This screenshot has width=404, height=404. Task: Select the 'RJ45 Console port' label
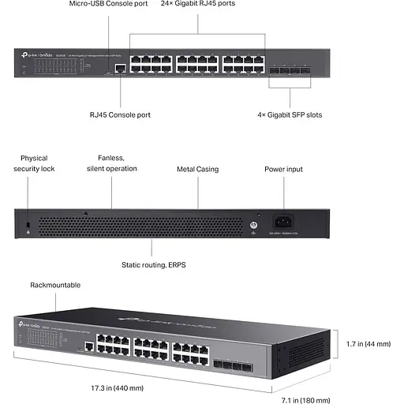[x=120, y=114]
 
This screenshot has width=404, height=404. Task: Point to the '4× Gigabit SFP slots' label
[x=290, y=114]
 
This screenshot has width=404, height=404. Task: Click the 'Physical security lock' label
[x=35, y=163]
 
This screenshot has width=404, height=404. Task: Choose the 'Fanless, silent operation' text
[x=111, y=163]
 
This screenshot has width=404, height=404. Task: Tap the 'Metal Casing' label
[x=197, y=169]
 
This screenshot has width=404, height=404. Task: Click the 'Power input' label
[x=283, y=169]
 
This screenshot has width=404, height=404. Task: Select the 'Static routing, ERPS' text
[x=154, y=265]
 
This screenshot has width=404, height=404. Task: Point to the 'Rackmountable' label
[x=55, y=285]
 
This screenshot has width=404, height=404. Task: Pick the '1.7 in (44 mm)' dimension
[x=368, y=344]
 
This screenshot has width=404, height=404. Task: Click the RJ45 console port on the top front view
[x=119, y=69]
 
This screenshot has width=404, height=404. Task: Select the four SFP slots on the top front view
[x=290, y=69]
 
